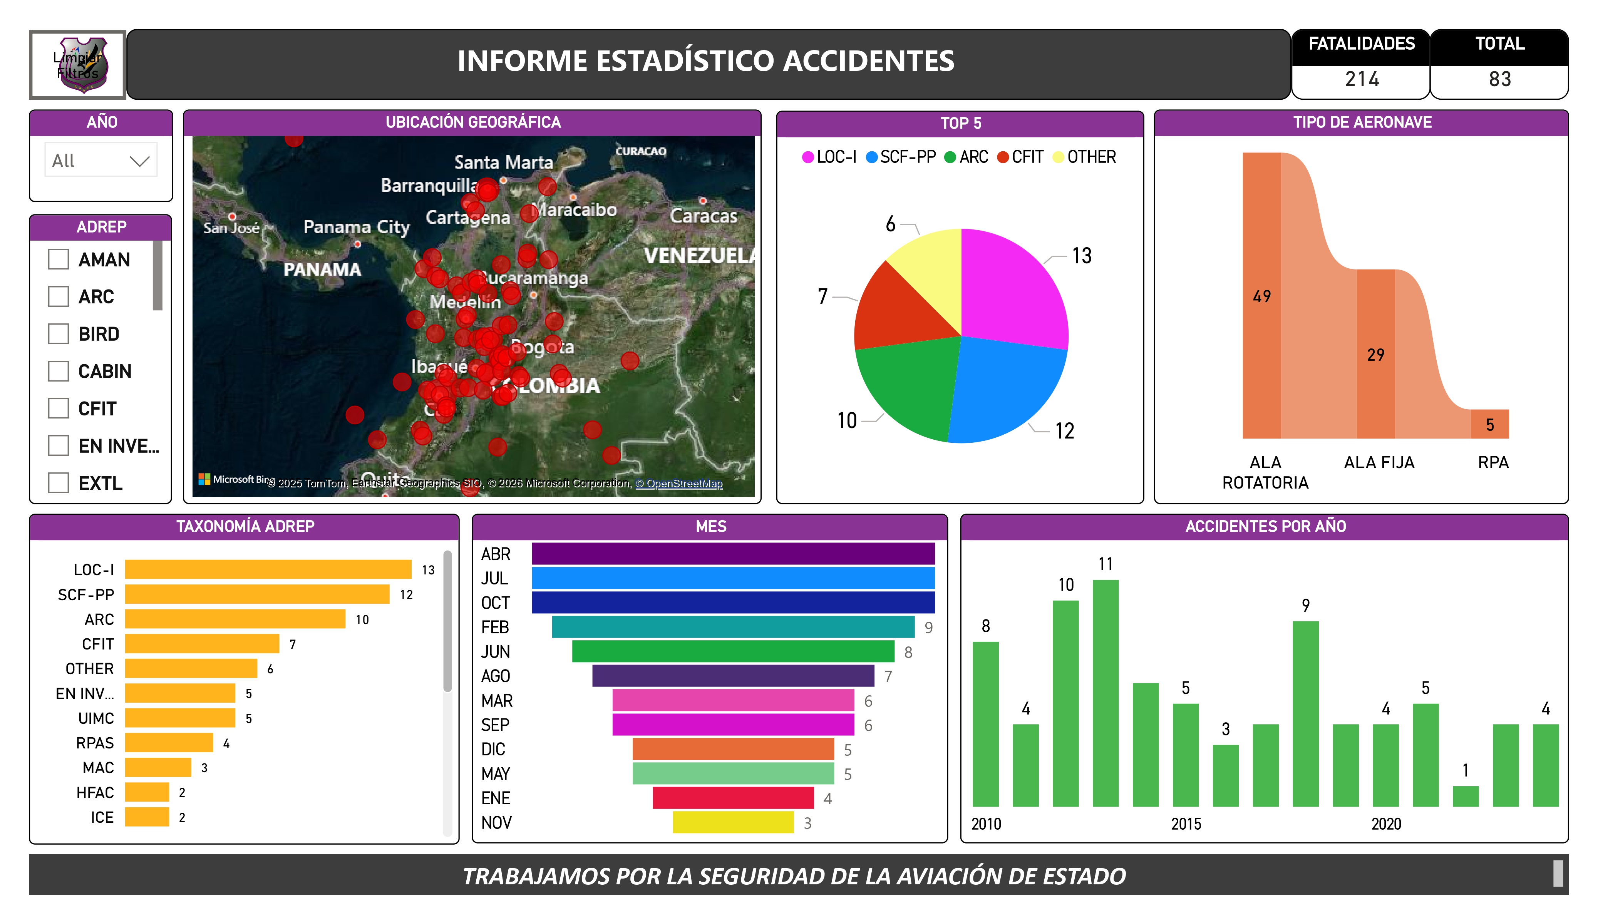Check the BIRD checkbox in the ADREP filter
click(59, 333)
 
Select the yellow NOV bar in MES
click(733, 822)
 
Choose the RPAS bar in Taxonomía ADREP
click(169, 743)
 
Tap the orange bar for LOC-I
click(268, 569)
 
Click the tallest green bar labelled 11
click(1105, 693)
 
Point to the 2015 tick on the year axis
click(1186, 824)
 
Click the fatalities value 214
click(1362, 79)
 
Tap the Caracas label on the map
click(703, 216)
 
